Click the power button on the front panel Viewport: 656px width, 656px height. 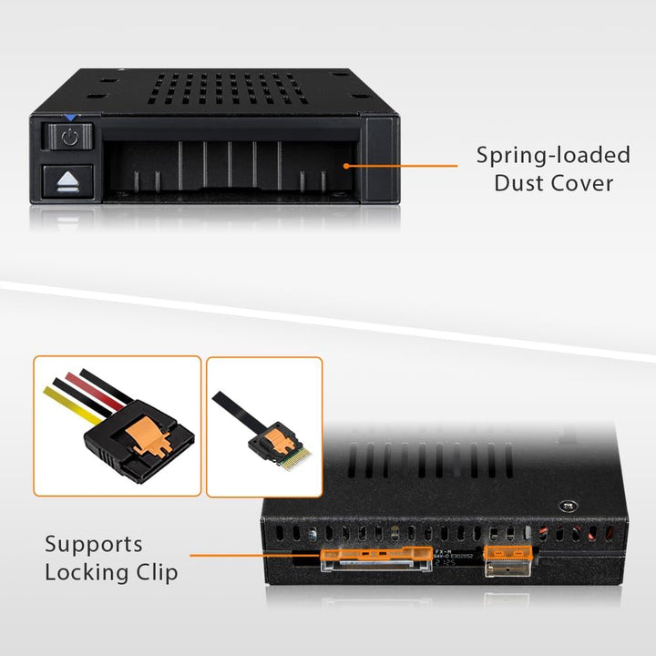(x=69, y=137)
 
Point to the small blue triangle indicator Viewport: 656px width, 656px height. (x=70, y=118)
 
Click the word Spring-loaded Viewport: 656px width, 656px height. (x=553, y=155)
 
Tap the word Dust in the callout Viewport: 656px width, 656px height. (x=520, y=183)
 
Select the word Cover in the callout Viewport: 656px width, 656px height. (x=583, y=183)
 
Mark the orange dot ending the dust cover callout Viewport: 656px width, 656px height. (x=347, y=166)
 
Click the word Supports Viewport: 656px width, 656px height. (x=94, y=545)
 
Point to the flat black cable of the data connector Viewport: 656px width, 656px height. (x=233, y=412)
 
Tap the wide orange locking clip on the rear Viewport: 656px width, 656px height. (x=376, y=553)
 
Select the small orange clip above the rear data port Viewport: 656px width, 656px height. (x=506, y=552)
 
